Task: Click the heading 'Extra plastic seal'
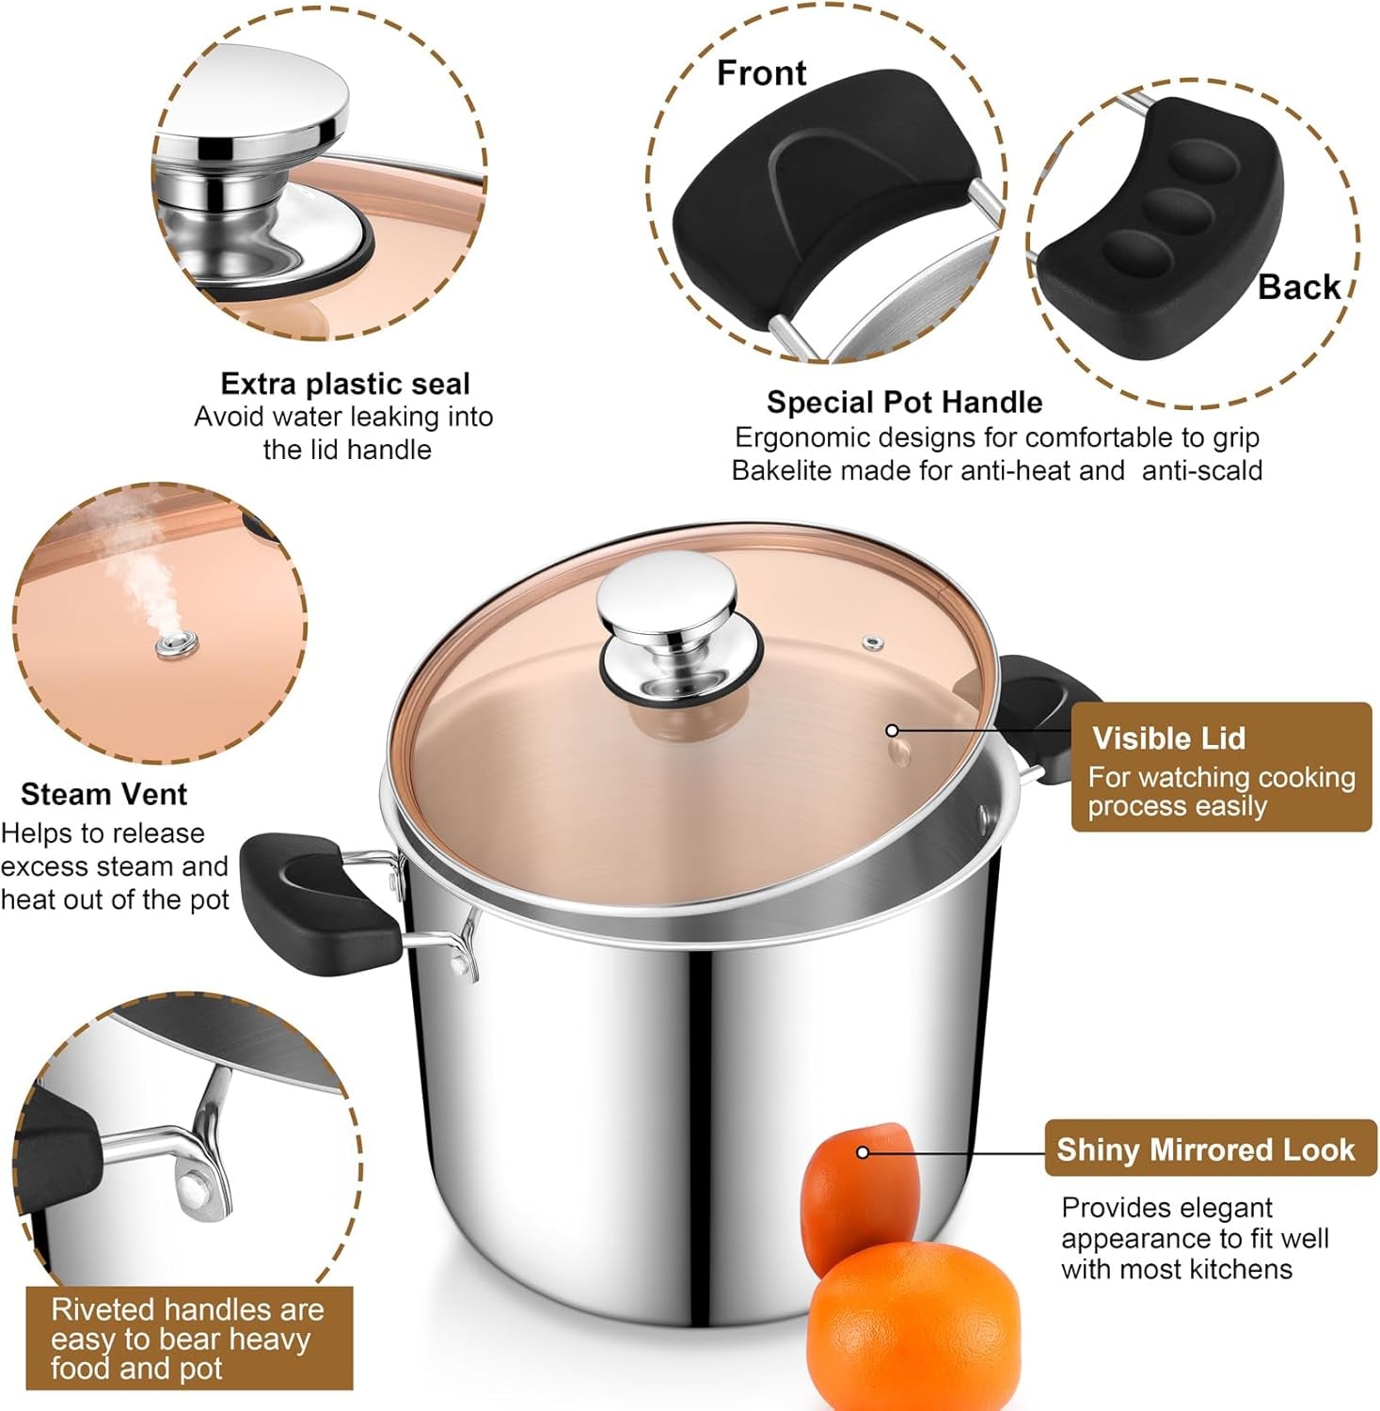345,384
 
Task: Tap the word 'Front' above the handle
761,73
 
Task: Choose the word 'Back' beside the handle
1299,287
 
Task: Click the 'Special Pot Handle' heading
904,403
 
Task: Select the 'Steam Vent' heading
103,795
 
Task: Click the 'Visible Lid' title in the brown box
1168,738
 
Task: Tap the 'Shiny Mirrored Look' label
1206,1149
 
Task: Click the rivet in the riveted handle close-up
194,1187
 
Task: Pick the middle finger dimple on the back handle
1179,211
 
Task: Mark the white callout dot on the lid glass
892,730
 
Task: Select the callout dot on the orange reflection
862,1152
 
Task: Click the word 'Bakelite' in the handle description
782,470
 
